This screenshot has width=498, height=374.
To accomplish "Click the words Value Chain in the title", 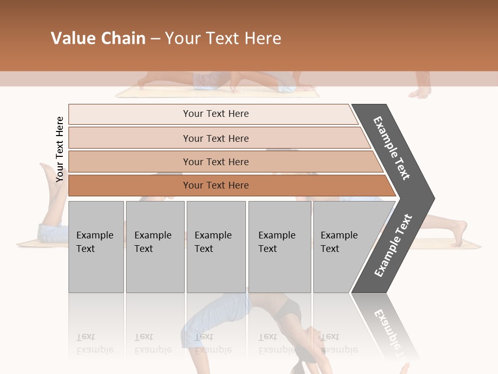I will pos(98,38).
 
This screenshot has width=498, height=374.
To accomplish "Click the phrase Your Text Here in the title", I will pos(223,38).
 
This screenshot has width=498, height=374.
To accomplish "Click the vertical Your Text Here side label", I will pos(60,149).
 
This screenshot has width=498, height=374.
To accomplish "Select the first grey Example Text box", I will pos(96,246).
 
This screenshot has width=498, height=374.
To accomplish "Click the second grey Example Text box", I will pos(155,246).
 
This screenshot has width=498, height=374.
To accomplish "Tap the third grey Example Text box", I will pos(216,246).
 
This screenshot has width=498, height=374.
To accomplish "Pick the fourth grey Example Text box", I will pos(279,246).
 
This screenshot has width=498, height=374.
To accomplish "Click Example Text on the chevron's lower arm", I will pos(393,245).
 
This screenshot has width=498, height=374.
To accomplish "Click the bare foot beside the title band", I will pos(420,91).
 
